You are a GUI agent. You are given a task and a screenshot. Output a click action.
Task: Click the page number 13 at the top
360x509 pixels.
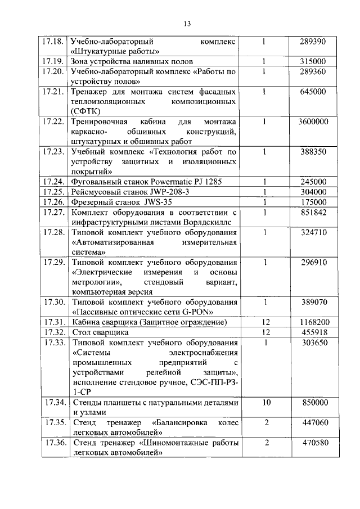pos(187,23)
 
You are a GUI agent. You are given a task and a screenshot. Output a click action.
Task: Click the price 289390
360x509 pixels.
pos(313,42)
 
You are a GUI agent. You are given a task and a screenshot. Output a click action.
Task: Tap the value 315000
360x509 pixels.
pos(313,61)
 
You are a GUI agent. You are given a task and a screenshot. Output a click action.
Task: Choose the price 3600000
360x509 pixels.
pos(313,121)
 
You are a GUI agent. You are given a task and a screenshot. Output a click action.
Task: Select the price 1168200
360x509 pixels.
pos(313,322)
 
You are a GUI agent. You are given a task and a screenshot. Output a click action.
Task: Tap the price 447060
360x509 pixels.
pos(313,422)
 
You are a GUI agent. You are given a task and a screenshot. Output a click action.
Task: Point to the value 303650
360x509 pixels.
pos(313,343)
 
